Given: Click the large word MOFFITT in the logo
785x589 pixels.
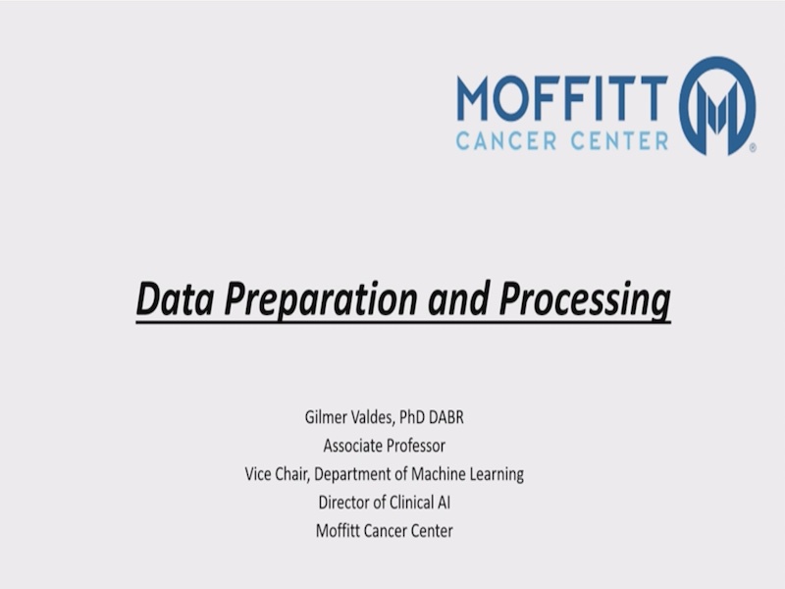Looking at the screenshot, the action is (x=562, y=97).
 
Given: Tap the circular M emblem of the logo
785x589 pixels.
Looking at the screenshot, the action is (x=717, y=105).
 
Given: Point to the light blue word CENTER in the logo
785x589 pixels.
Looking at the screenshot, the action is (x=619, y=140).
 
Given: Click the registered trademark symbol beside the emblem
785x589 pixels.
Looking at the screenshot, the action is (x=753, y=148).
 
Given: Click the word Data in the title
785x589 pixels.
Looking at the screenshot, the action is (x=175, y=299).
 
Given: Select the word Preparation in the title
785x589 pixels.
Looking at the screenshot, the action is (x=321, y=300).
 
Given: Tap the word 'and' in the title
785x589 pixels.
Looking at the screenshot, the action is (x=457, y=299).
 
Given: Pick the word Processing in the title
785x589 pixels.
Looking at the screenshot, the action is (x=585, y=300).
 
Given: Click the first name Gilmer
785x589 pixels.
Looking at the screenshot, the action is (x=324, y=417).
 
